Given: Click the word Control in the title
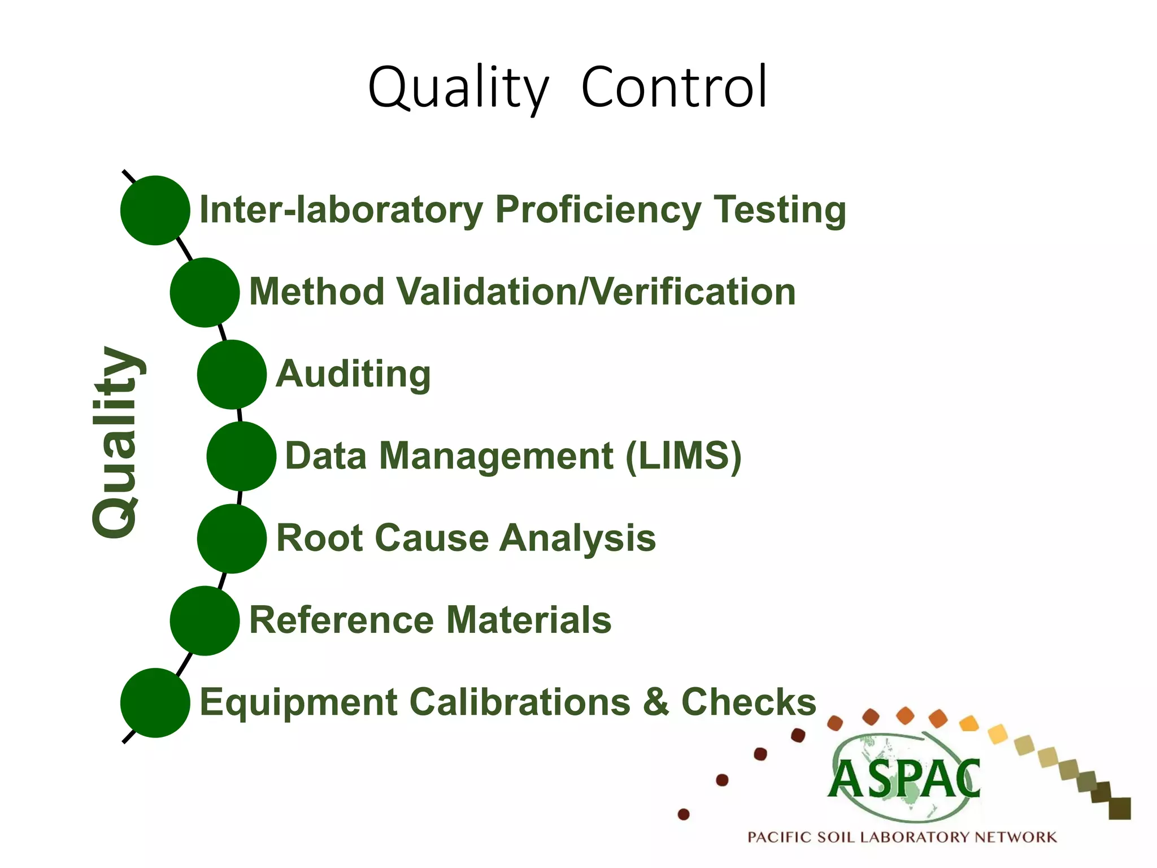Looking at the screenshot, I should [x=675, y=88].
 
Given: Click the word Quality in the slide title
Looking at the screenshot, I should [x=458, y=89].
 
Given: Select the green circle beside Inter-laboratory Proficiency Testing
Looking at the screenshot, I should [x=155, y=210].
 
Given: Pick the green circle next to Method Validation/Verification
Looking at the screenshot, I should [x=205, y=292].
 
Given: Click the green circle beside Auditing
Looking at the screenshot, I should [x=232, y=374].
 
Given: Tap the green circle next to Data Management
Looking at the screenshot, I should [x=241, y=456].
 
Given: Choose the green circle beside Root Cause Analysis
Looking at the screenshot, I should [x=232, y=538].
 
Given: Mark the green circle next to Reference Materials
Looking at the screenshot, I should [x=205, y=620].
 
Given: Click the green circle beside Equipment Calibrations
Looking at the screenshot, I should [x=155, y=702].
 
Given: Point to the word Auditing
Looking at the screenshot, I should [x=353, y=374].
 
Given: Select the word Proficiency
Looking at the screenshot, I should [x=598, y=210].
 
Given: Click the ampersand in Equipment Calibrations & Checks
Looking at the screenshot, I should [x=655, y=702].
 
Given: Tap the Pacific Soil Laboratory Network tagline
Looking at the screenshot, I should [x=902, y=837].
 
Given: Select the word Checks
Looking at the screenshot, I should [x=749, y=702].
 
